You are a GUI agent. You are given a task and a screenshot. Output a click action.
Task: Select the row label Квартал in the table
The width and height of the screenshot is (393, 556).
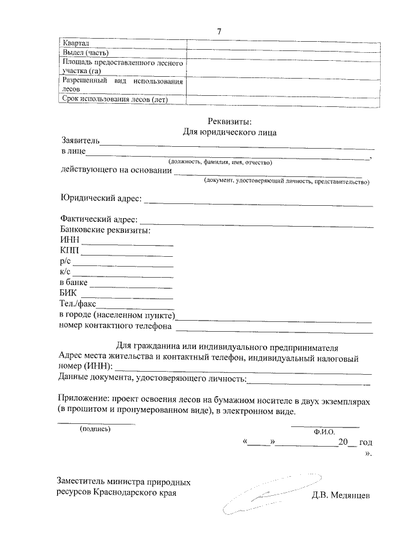[x=77, y=44]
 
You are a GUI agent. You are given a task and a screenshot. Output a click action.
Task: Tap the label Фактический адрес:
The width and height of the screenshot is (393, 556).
[x=99, y=219]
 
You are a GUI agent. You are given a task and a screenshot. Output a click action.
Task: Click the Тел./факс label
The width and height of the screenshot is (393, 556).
[x=77, y=304]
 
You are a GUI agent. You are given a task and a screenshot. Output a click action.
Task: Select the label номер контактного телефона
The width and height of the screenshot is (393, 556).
[x=115, y=326]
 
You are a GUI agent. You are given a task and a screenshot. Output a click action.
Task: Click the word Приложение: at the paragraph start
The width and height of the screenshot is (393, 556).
[x=87, y=400]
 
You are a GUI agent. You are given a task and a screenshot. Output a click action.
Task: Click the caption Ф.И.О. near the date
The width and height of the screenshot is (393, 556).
[x=323, y=432]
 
